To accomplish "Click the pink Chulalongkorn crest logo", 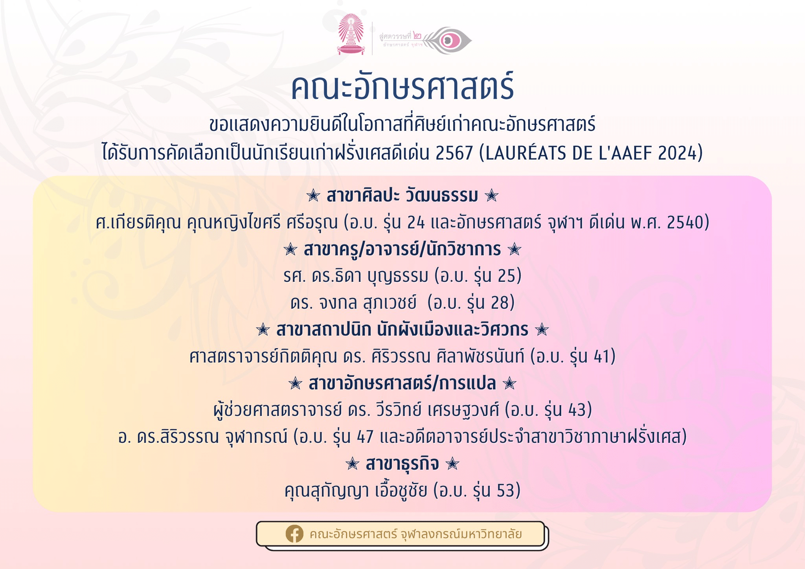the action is pos(351,34).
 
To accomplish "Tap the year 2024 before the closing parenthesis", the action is pos(676,153).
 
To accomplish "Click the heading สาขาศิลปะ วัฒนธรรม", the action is pos(402,195).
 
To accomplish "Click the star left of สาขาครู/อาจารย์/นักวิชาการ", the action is pos(290,249).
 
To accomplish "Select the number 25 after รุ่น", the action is pos(506,276).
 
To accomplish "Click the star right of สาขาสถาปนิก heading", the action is pos(542,329).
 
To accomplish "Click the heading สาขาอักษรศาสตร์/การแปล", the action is pos(402,383).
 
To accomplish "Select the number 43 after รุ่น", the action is pos(577,410).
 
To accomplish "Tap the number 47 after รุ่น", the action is pos(365,437).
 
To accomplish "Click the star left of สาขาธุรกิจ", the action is pos(352,464).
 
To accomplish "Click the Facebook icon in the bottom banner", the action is pos(294,534).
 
